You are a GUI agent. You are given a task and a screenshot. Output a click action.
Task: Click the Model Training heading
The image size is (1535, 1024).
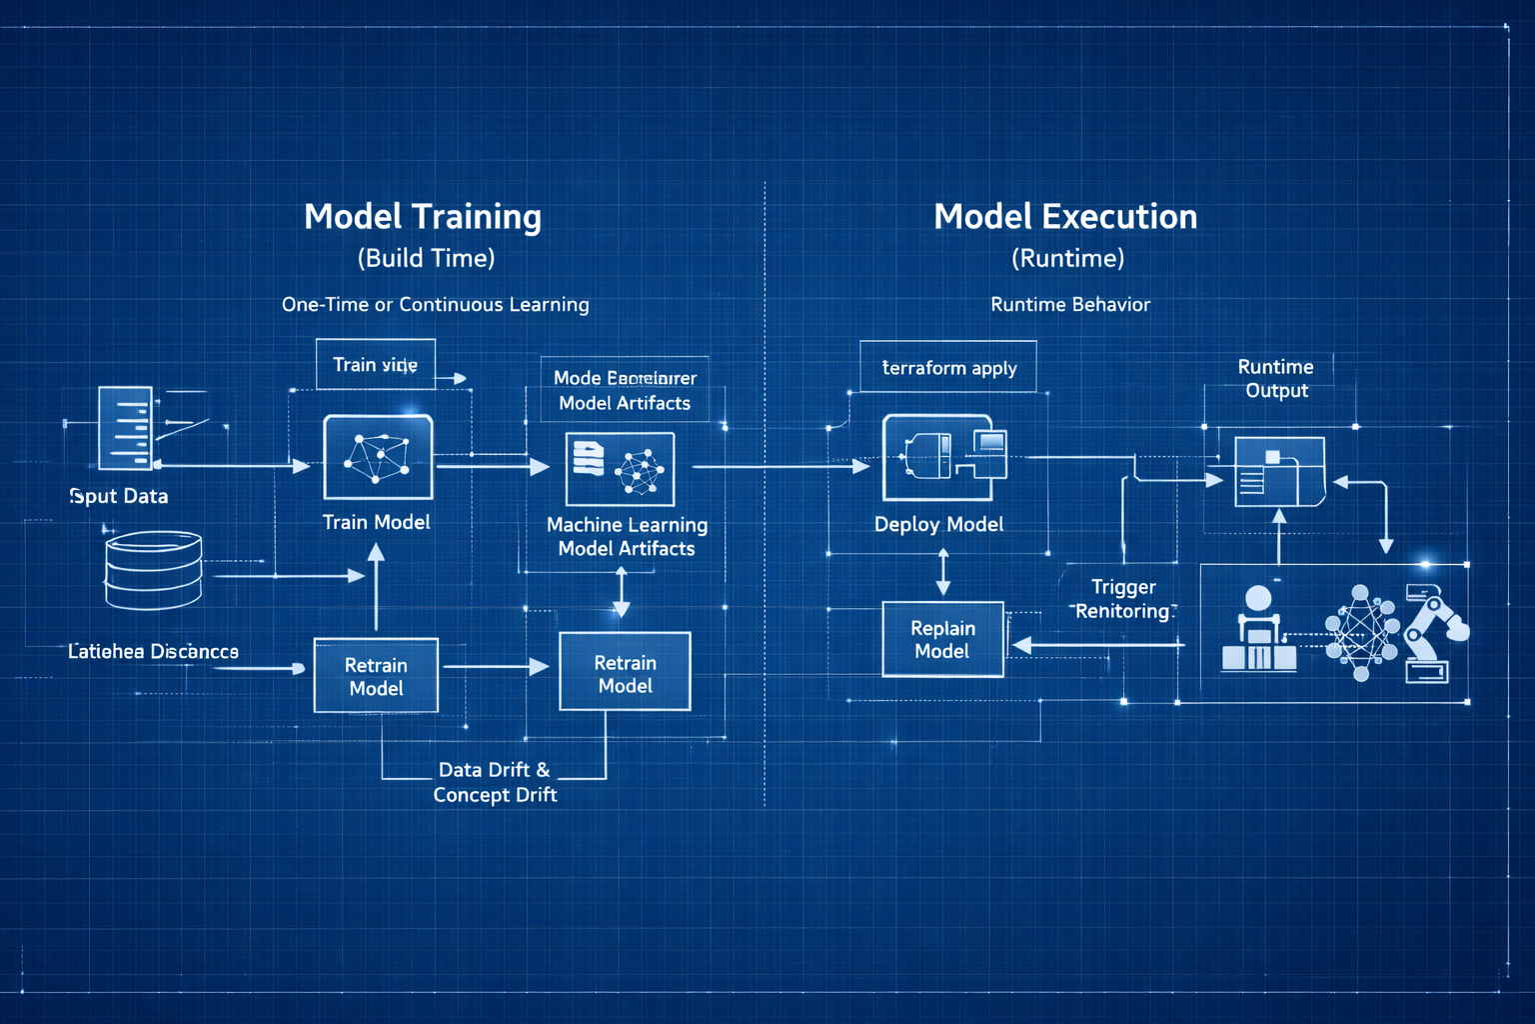coord(423,217)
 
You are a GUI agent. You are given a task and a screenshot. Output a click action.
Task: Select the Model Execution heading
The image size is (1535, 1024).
coord(1065,217)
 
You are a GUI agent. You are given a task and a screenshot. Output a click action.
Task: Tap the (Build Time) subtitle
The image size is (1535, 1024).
coord(427,258)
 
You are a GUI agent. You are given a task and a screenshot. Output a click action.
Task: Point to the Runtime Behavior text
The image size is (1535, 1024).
coord(1070,304)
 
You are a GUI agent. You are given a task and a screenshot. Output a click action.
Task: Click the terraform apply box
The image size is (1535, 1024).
coord(948,367)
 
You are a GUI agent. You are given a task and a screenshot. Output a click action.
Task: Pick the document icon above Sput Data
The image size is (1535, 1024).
coord(126,428)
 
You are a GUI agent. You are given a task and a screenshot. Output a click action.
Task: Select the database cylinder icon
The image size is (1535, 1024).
coord(153,570)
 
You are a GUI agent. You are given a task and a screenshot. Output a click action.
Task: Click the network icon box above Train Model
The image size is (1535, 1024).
coord(378,457)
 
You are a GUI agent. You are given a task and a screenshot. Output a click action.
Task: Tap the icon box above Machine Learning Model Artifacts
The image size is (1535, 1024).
coord(620,468)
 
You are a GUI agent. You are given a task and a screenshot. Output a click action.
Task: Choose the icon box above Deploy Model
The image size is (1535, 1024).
coord(939,457)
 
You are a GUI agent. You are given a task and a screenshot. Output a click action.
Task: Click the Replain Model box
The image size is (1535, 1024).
coord(942,639)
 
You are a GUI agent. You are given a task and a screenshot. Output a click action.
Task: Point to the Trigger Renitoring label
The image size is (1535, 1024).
coord(1122,599)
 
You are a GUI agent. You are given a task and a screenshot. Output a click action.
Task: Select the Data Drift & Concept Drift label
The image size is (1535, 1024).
coord(495,782)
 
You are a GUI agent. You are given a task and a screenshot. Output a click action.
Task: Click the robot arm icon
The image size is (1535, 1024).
coord(1434,635)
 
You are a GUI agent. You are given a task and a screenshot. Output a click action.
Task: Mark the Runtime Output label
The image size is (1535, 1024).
coord(1276,378)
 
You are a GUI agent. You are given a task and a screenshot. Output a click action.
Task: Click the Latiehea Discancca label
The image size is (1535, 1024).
coord(153,651)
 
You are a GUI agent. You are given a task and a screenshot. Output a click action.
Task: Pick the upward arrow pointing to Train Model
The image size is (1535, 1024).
coord(376,585)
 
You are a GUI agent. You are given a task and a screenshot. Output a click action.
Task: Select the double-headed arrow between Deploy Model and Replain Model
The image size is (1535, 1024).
coord(942,571)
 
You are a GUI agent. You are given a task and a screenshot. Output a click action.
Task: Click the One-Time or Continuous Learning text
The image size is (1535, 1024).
coord(435,304)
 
